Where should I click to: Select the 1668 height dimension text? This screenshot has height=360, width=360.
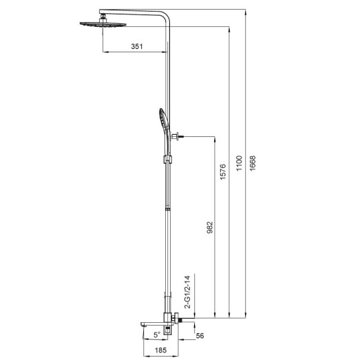pyautogui.click(x=254, y=165)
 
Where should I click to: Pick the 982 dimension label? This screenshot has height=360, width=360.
pyautogui.click(x=209, y=228)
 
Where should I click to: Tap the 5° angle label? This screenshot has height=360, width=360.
pyautogui.click(x=156, y=334)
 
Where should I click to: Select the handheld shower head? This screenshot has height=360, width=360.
pyautogui.click(x=161, y=121)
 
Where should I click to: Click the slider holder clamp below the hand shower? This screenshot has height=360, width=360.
pyautogui.click(x=165, y=160)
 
